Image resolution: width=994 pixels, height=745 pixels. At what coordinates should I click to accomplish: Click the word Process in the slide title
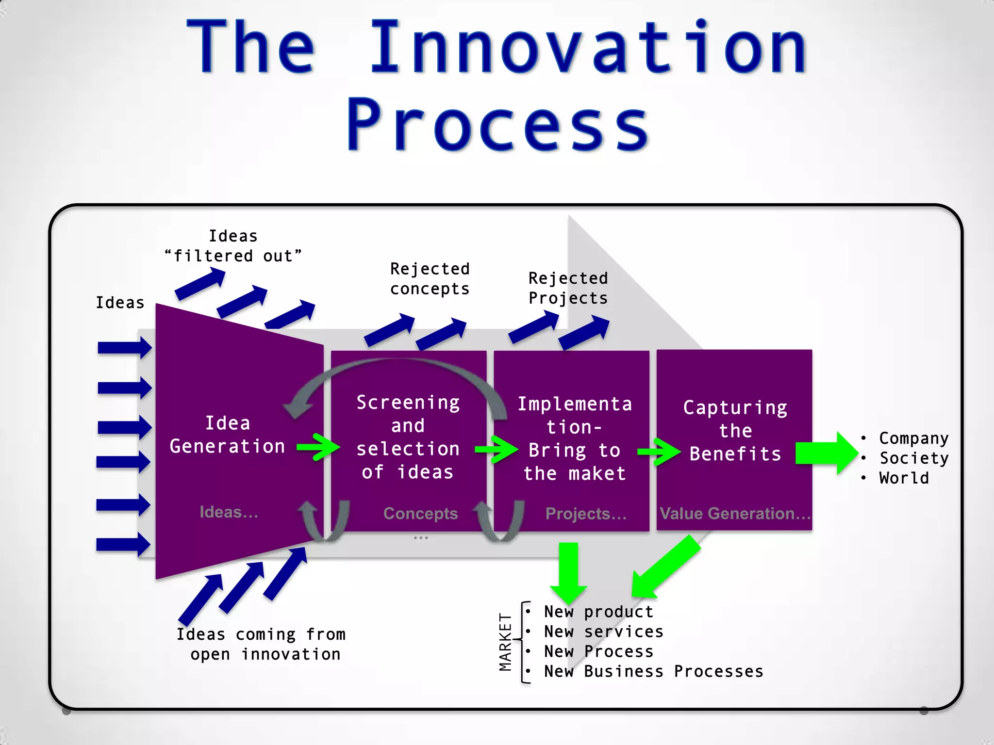point(498,125)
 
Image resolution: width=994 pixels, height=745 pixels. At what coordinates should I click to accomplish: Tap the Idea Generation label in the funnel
point(227,435)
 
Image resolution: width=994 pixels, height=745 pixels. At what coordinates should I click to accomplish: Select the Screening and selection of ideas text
point(408,437)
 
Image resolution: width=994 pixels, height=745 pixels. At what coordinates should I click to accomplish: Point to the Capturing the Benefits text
point(735,431)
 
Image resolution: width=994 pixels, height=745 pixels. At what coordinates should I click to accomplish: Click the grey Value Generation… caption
point(735,513)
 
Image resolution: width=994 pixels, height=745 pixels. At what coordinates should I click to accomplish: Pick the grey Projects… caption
point(586,514)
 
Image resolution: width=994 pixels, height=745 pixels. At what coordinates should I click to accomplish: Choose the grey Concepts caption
point(420,513)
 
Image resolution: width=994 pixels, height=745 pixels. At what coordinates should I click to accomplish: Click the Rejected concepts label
point(430,279)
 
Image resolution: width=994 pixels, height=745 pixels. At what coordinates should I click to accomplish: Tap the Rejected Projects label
point(568,288)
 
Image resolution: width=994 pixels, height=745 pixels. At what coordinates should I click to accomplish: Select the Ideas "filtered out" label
point(233,246)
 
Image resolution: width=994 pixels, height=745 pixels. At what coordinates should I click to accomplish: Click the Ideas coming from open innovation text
point(261,644)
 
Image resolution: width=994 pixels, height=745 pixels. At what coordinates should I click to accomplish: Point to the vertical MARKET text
point(505,642)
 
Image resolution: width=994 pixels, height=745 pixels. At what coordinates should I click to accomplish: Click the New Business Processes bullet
point(653,671)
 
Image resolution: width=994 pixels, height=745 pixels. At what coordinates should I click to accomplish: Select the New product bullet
point(598,612)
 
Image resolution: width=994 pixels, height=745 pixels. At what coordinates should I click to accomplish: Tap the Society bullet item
point(914,458)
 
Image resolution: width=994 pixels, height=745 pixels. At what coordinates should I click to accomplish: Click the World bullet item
point(904,478)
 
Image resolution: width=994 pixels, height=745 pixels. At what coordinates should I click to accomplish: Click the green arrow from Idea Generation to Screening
point(318,447)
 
